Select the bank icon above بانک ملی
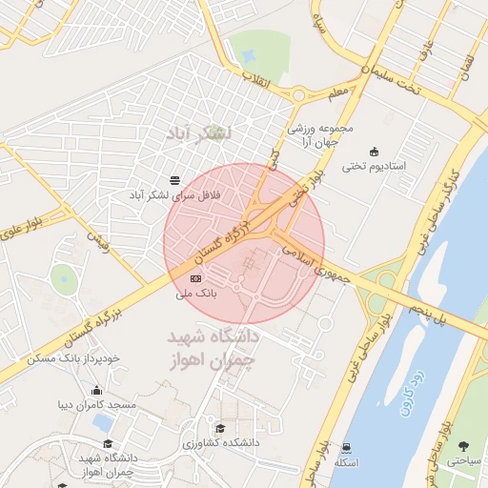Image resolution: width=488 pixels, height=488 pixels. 196,278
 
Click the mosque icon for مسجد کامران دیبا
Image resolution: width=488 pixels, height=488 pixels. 96,390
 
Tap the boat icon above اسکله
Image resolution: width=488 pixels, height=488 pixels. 346,447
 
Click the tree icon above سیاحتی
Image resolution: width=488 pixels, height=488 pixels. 464,446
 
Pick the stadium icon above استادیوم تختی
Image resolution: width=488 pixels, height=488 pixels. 374,151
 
